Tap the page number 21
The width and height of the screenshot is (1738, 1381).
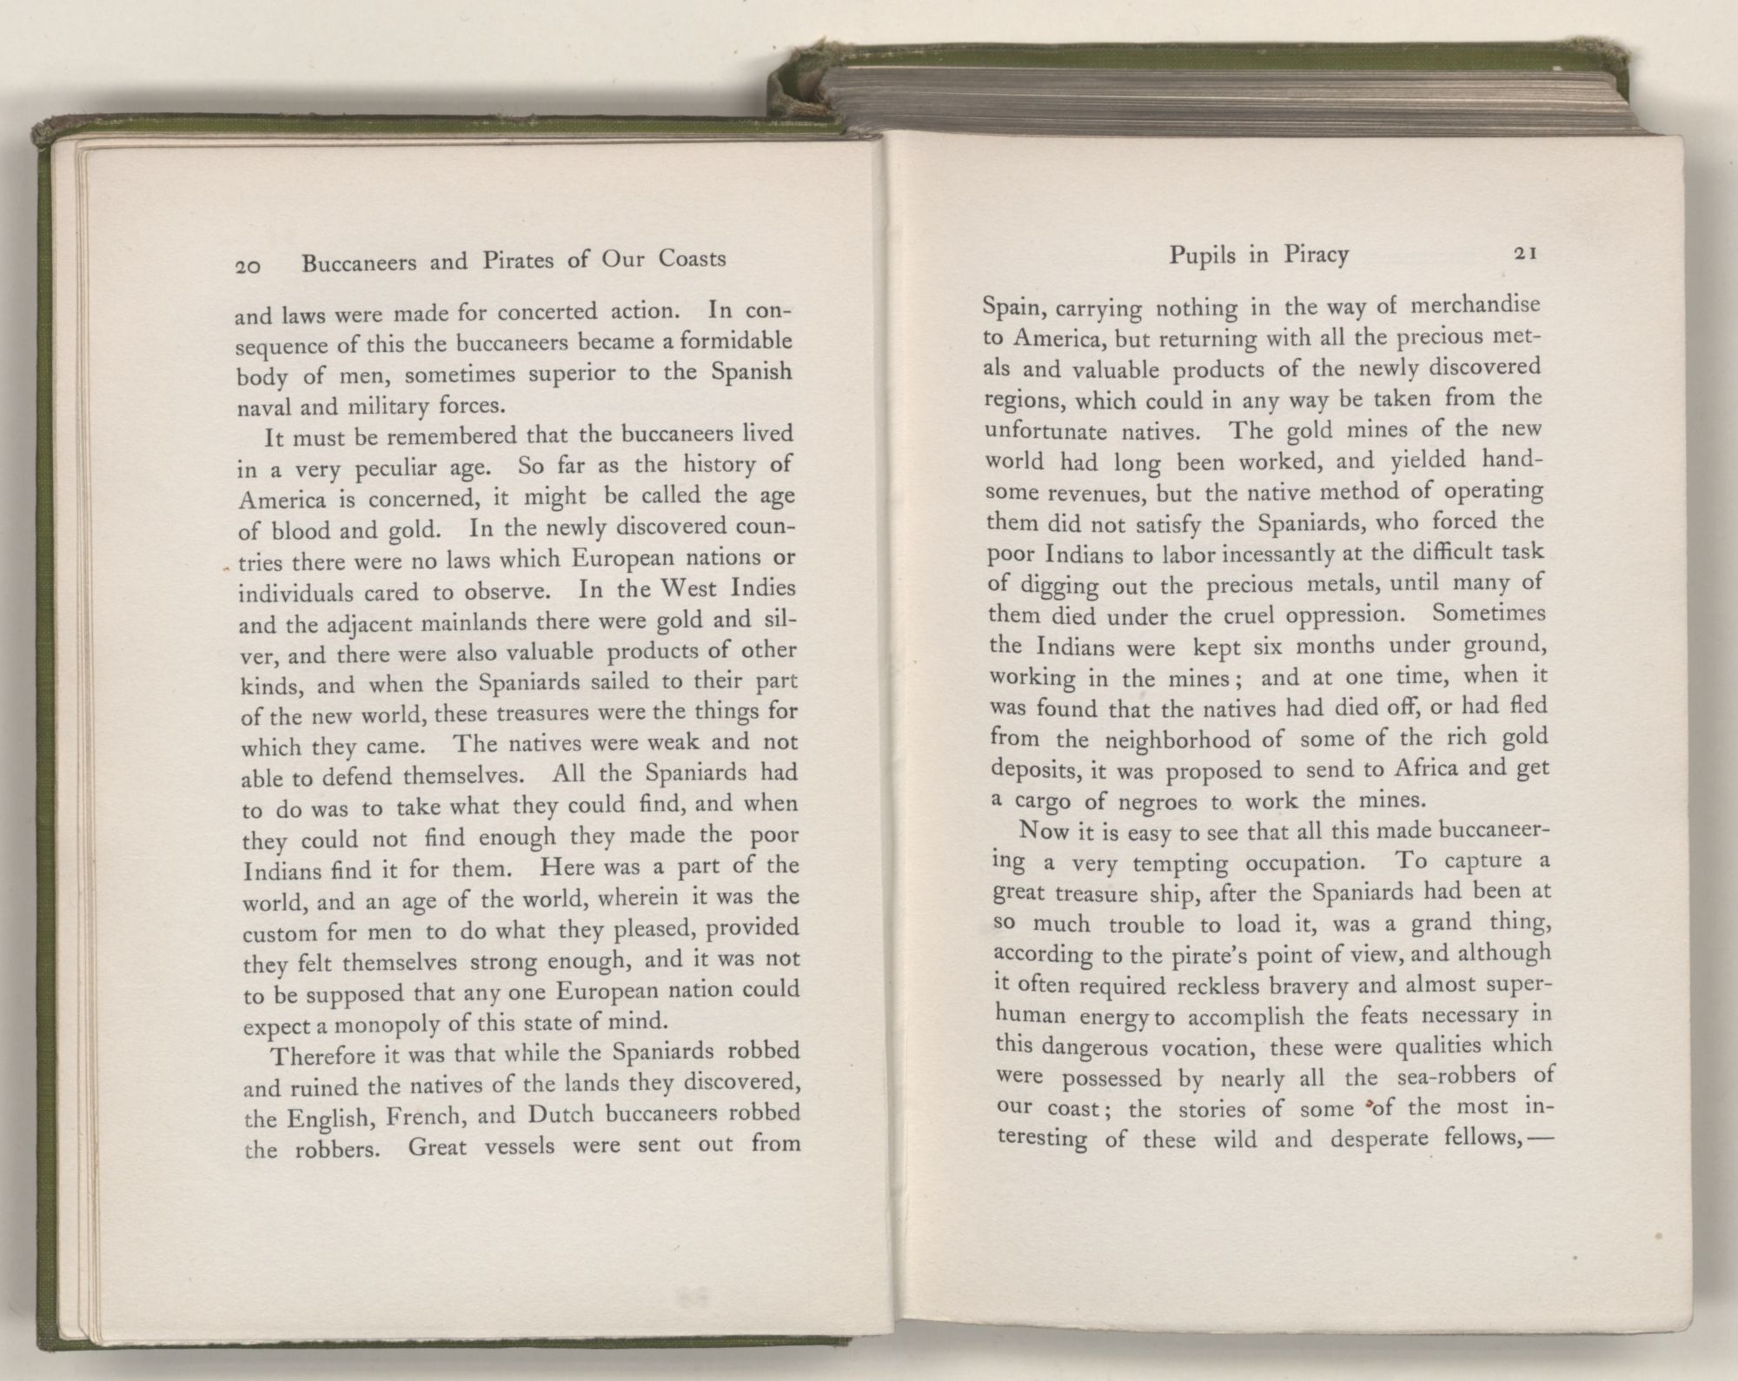click(1526, 254)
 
